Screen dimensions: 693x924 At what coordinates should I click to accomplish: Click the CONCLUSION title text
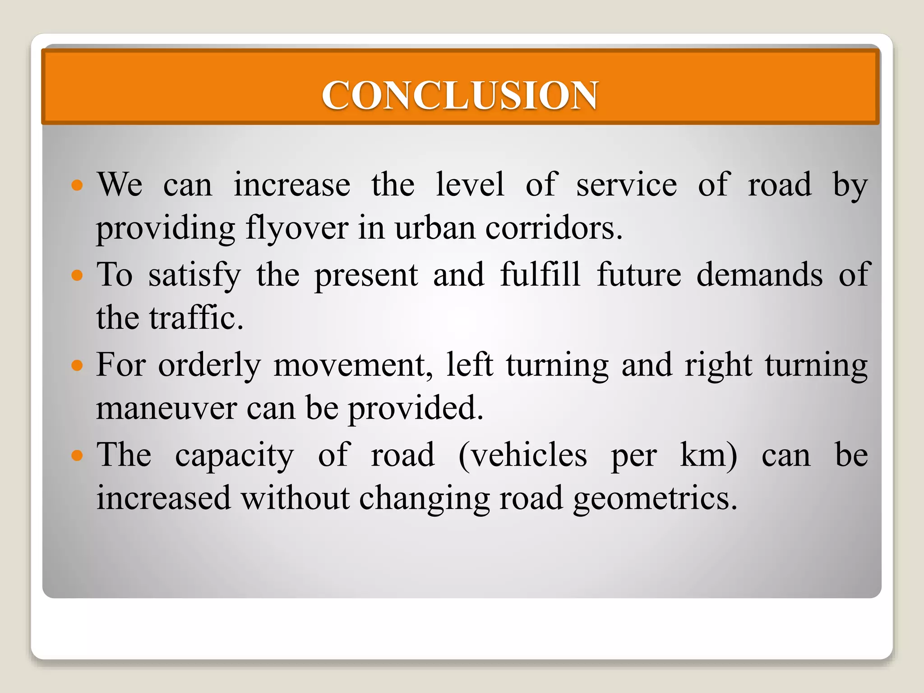[x=460, y=95]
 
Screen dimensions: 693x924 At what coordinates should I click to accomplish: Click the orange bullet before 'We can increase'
[x=78, y=185]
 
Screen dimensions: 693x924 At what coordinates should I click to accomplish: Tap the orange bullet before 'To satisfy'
[x=78, y=275]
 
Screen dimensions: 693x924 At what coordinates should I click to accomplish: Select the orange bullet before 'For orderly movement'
[x=78, y=365]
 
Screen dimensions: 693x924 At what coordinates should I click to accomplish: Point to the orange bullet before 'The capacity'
[x=78, y=455]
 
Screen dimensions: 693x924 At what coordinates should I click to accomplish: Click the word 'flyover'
[x=297, y=228]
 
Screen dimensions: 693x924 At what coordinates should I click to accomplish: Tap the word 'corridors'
[x=554, y=228]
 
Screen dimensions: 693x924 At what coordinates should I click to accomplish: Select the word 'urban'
[x=435, y=228]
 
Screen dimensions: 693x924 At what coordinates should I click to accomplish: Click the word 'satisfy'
[x=194, y=275]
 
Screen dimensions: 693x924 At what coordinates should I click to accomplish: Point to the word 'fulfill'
[x=540, y=274]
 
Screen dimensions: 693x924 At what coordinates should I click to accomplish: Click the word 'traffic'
[x=196, y=318]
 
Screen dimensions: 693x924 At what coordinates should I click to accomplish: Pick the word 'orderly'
[x=209, y=365]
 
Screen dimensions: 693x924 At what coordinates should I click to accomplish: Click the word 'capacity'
[x=235, y=456]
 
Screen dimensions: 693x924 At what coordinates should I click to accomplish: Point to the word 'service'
[x=627, y=185]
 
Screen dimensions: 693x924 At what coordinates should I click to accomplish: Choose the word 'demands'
[x=759, y=274]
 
